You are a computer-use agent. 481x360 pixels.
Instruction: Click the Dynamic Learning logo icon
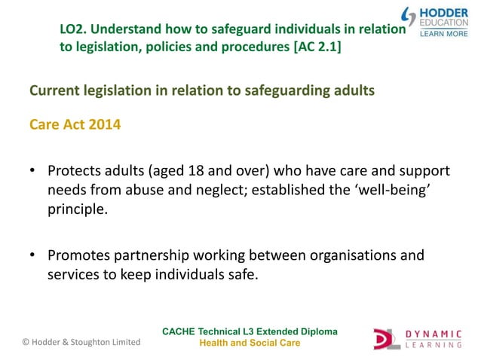388,338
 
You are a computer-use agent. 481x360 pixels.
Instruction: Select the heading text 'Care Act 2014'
74,124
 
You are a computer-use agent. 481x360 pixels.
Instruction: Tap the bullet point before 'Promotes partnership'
32,255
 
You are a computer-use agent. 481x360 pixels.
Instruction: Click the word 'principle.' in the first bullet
78,209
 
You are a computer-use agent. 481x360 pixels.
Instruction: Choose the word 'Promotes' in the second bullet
79,255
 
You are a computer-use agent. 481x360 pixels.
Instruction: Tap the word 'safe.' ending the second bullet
241,274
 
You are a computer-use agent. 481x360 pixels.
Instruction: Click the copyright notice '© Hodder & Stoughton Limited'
81,342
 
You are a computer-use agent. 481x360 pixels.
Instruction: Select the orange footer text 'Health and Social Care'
250,343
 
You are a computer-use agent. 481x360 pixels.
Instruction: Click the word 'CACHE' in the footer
181,331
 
